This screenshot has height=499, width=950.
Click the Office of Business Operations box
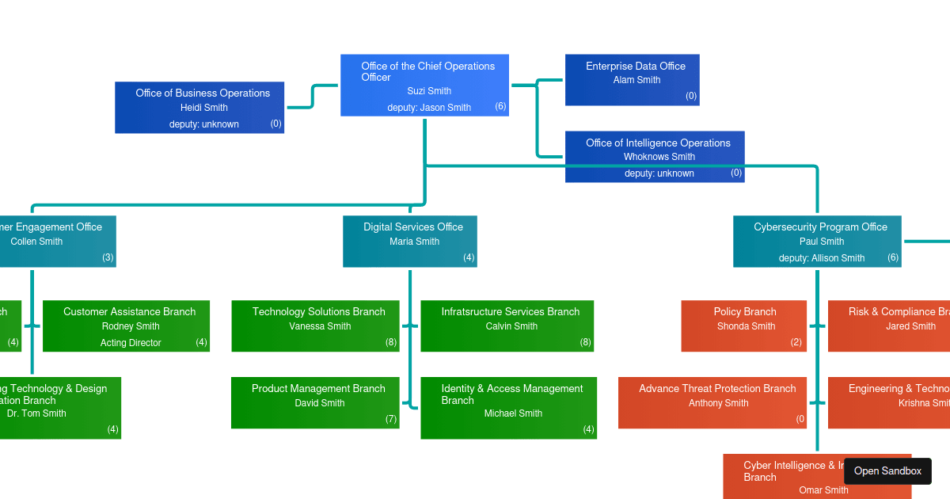coord(199,107)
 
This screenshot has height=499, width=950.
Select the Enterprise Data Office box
coord(632,79)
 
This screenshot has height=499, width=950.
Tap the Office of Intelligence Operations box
coord(655,156)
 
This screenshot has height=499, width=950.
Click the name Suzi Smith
coord(429,91)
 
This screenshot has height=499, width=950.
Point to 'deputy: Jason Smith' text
coord(429,108)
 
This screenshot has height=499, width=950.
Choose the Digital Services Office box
coord(409,241)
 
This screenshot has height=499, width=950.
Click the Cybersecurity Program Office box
coord(817,241)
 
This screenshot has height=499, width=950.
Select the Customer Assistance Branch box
coord(126,326)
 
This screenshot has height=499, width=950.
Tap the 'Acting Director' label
coord(131,343)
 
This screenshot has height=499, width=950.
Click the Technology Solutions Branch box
coord(315,326)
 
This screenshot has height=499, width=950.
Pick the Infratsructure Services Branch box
coord(507,326)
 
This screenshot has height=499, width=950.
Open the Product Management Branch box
coord(315,402)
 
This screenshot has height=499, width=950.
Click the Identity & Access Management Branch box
coord(508,407)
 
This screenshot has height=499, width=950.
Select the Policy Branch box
coord(743,326)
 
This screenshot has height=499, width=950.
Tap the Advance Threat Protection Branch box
coord(712,402)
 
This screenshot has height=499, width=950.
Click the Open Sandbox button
coord(887,471)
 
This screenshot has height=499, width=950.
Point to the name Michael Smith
coord(513,413)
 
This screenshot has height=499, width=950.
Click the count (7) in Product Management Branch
coord(391,419)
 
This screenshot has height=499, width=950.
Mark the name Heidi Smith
coord(203,108)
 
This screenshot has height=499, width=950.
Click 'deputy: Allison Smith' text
coord(822,258)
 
